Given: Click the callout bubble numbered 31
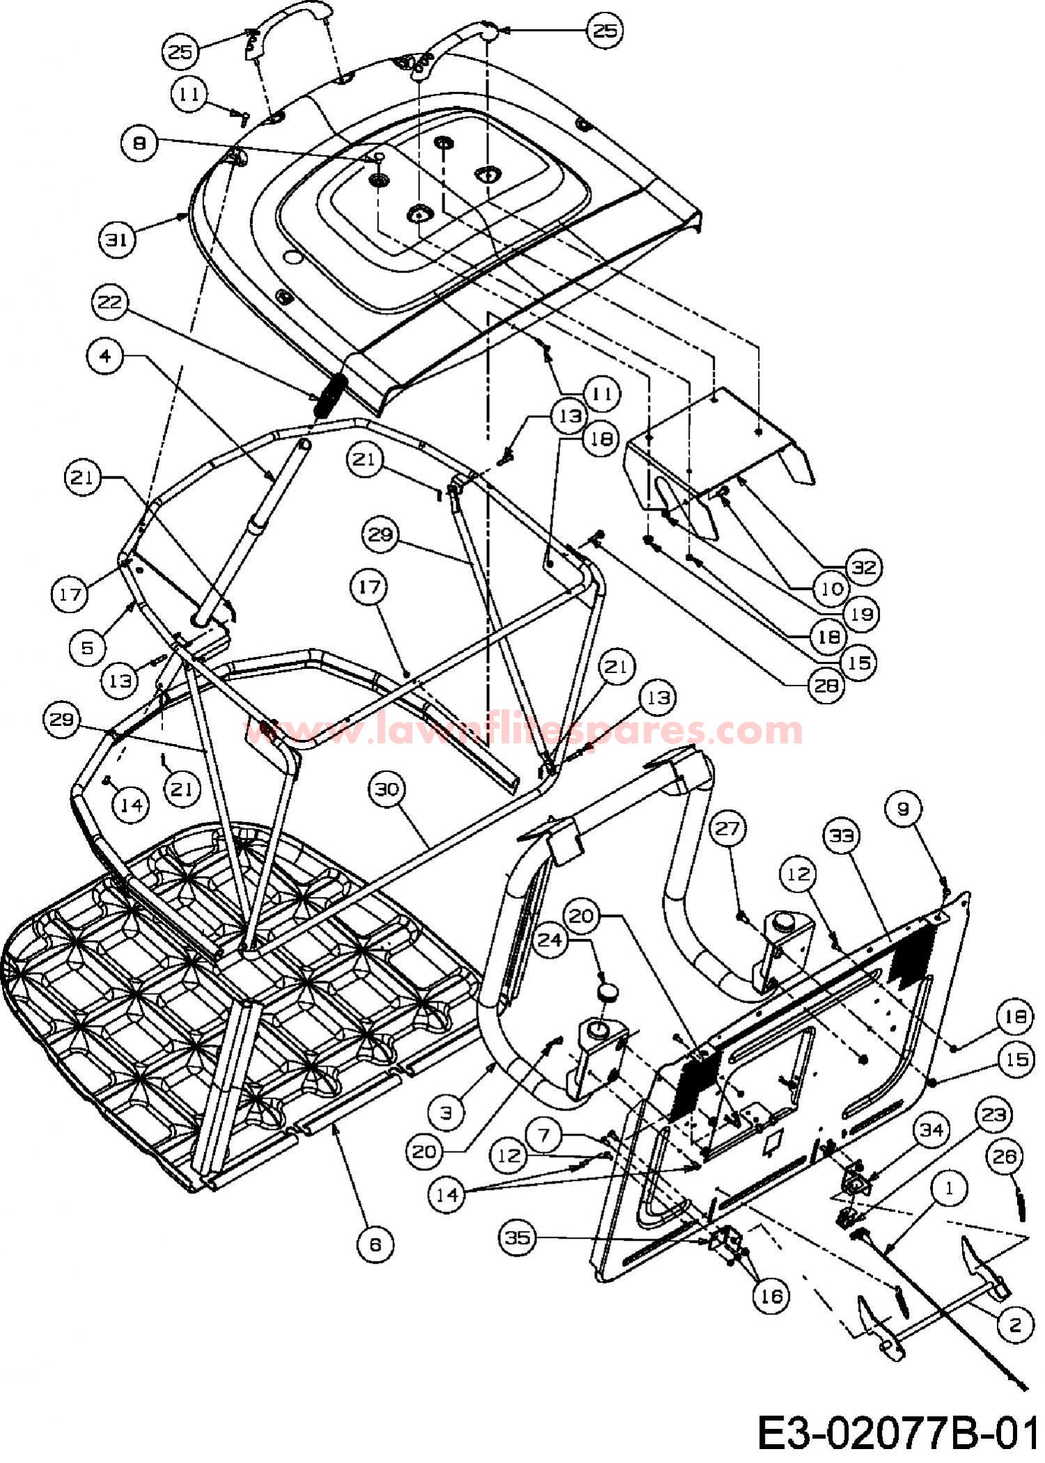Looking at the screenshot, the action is [x=117, y=239].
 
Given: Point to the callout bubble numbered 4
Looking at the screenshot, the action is [x=106, y=356].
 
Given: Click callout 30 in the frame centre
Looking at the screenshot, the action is [x=388, y=790].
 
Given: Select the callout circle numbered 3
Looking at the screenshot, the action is [x=446, y=1113].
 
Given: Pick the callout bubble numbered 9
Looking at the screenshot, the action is [x=904, y=808].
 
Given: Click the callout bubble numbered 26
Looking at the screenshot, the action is [x=1005, y=1159].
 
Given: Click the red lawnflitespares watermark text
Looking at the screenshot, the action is [x=527, y=730].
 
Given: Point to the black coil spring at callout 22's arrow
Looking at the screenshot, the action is [x=330, y=395].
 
